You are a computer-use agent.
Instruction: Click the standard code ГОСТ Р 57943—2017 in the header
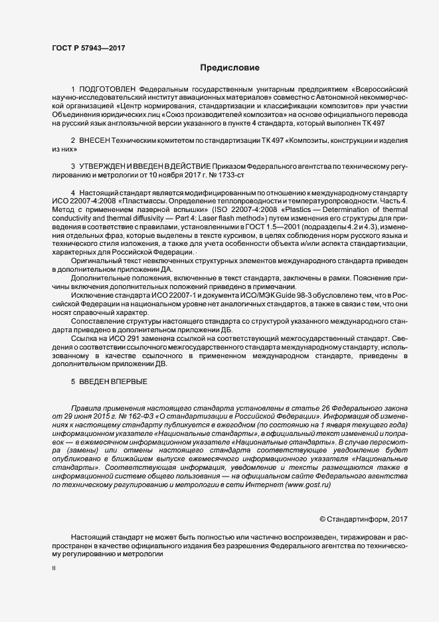click(88, 47)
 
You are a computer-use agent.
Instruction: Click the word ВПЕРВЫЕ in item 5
click(130, 382)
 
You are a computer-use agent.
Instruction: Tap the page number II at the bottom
click(54, 568)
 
